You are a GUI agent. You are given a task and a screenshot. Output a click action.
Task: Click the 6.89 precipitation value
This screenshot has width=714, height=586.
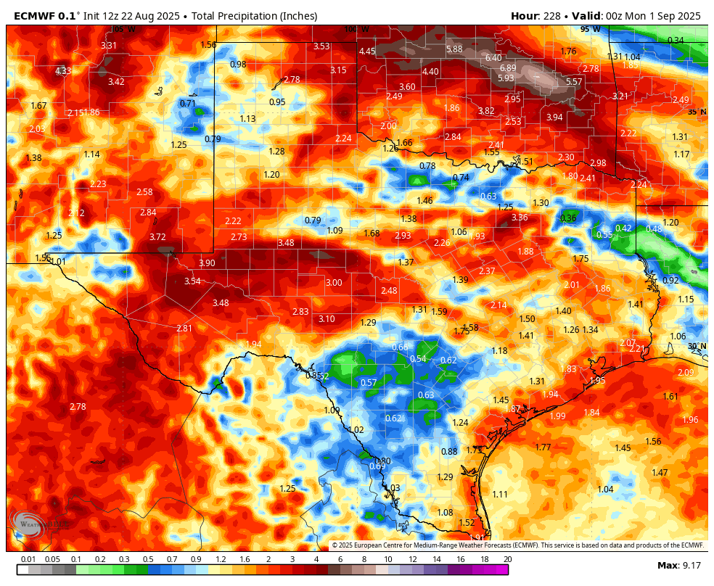point(507,68)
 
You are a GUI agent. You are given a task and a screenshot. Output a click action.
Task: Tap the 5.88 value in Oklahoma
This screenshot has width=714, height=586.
point(454,49)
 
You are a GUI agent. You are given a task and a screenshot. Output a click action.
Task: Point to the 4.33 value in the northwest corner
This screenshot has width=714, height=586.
point(63,71)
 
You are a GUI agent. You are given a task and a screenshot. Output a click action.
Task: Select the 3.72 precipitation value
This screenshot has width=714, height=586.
point(157,237)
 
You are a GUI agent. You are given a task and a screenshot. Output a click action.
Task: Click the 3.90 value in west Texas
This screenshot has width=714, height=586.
point(207,263)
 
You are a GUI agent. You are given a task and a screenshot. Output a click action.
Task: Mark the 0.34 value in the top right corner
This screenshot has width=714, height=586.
point(675,41)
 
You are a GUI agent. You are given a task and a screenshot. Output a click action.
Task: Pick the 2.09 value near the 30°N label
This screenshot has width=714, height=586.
point(685,373)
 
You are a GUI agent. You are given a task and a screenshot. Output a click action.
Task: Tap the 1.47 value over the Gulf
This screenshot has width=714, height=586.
point(660,473)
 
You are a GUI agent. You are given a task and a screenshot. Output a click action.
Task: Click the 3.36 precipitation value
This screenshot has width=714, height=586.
point(520,218)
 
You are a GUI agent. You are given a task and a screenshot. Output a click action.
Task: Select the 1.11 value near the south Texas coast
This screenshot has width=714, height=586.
point(500,495)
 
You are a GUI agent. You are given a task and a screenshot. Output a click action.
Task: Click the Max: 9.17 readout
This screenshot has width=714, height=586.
point(679,566)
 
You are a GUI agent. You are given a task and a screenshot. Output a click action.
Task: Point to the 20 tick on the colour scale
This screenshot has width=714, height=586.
point(507,559)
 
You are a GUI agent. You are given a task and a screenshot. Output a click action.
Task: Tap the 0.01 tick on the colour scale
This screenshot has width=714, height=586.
point(28,559)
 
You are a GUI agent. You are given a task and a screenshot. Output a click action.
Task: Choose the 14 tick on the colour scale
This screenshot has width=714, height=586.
point(437,559)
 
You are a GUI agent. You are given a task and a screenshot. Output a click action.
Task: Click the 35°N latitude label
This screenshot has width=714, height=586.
point(697,112)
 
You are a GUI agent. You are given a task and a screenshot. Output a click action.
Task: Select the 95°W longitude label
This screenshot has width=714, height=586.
point(590,29)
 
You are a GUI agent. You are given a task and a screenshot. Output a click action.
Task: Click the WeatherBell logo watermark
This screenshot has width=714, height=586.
point(36,524)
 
